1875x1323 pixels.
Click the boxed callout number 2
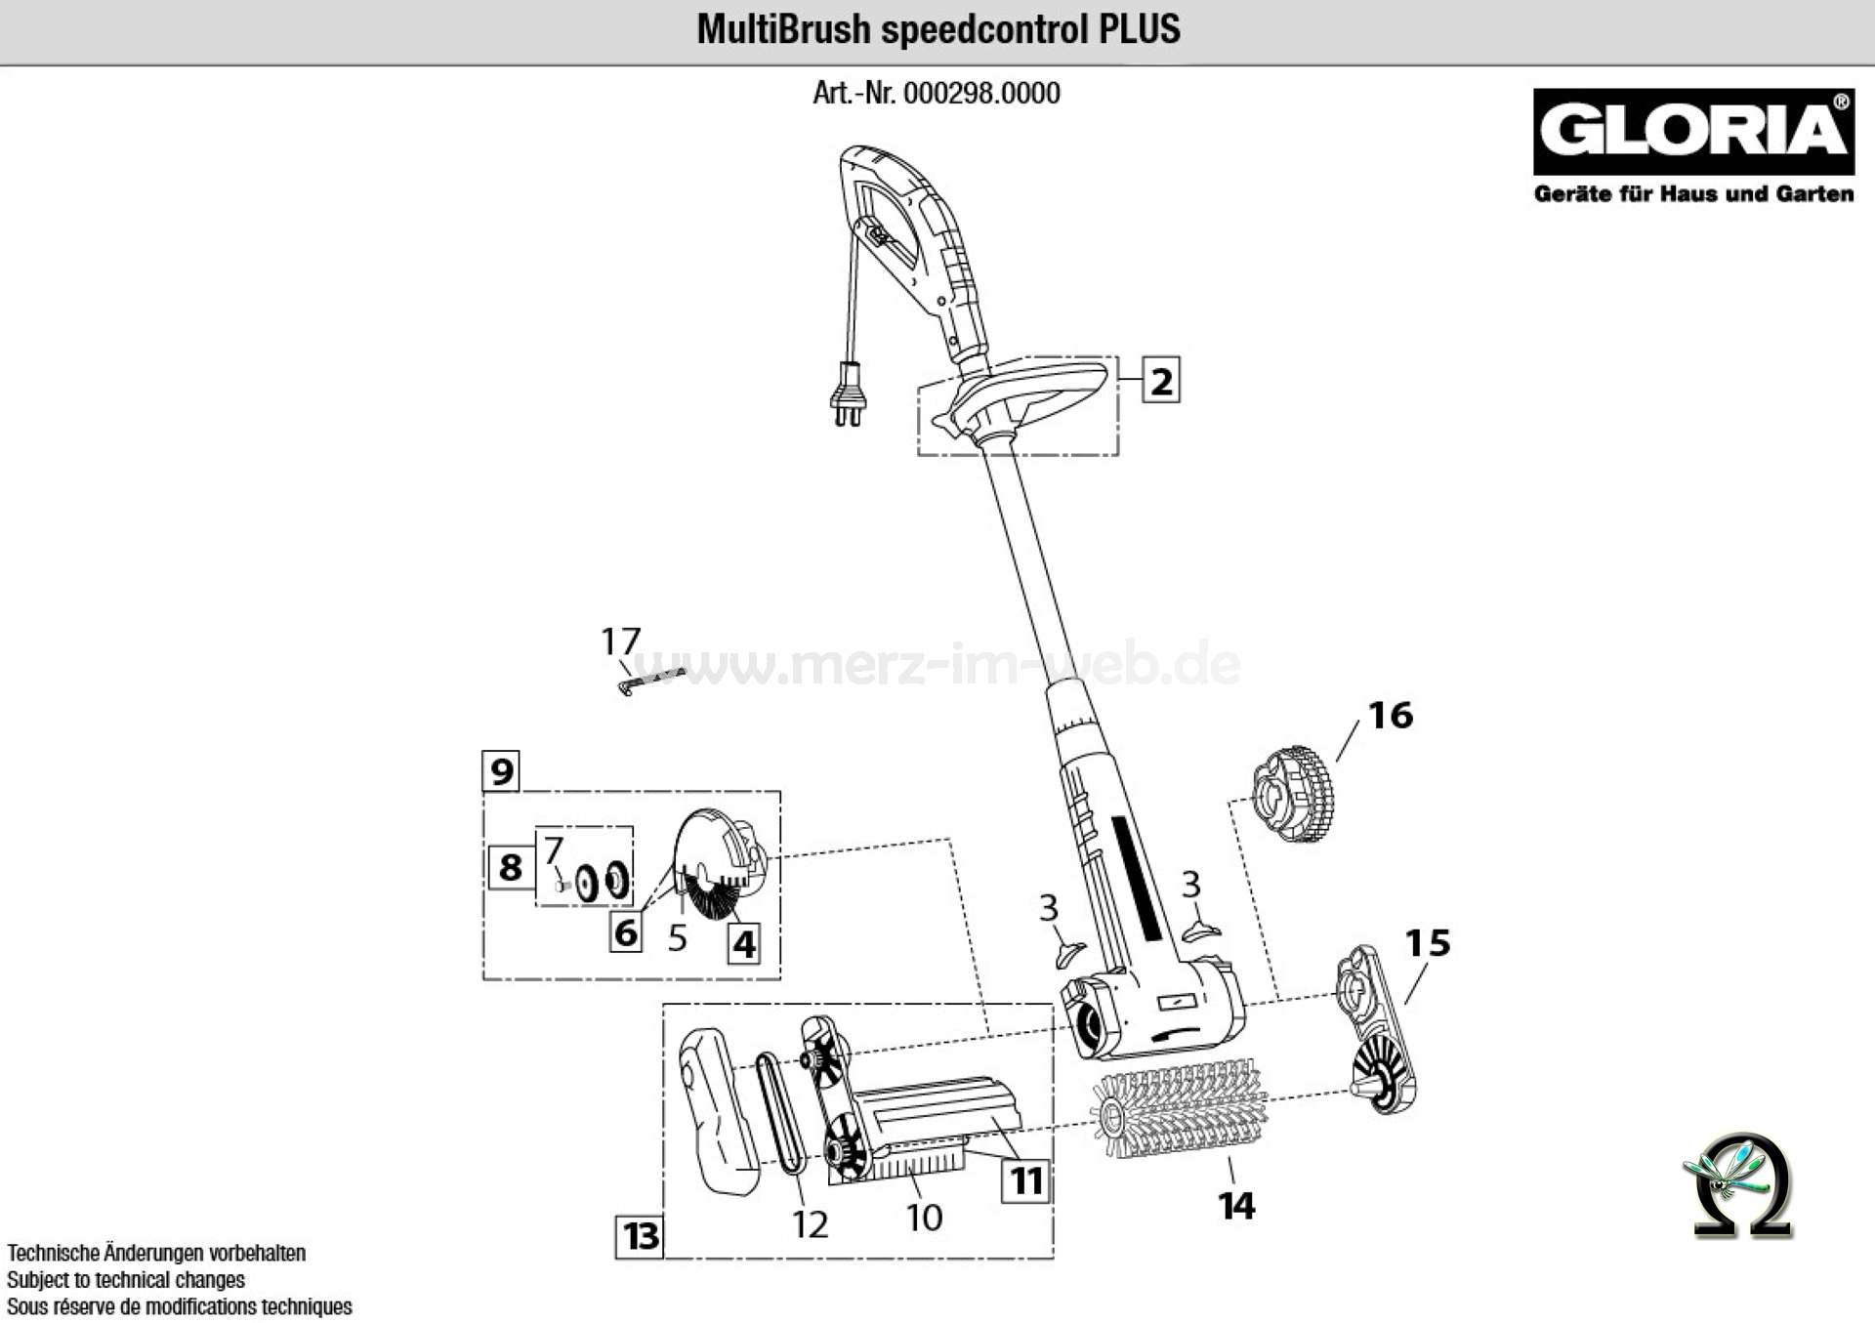tap(1160, 381)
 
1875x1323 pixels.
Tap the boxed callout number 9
tap(501, 771)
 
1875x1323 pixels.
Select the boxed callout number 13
tap(641, 1236)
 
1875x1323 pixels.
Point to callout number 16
tap(1390, 716)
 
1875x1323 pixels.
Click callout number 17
tap(620, 641)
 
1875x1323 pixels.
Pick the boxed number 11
tap(1025, 1181)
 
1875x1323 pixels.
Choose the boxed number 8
tap(510, 867)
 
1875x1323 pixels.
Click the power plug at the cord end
tap(847, 395)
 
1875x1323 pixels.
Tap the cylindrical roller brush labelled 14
tap(1180, 1113)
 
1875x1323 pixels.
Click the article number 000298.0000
tap(981, 94)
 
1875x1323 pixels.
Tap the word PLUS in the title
tap(1140, 29)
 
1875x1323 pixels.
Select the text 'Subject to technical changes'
tap(126, 1279)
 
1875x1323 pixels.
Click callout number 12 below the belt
tap(810, 1223)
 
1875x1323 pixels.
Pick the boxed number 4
tap(744, 944)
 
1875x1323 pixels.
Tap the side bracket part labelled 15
tap(1377, 1030)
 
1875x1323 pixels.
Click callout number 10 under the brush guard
tap(924, 1218)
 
